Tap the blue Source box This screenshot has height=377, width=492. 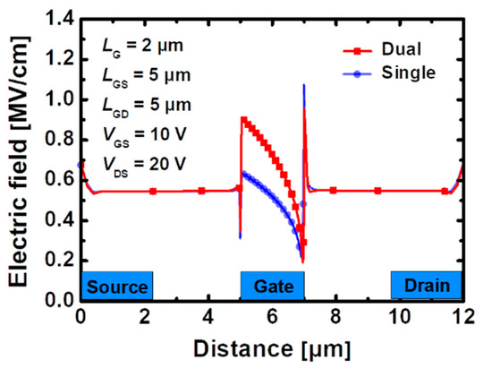click(117, 286)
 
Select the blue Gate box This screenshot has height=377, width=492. click(272, 286)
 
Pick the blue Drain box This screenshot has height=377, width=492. click(426, 286)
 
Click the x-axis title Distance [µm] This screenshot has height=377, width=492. click(271, 346)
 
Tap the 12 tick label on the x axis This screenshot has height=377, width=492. click(462, 316)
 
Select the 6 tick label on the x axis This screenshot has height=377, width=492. click(272, 316)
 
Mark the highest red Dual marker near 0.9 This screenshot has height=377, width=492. click(244, 119)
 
